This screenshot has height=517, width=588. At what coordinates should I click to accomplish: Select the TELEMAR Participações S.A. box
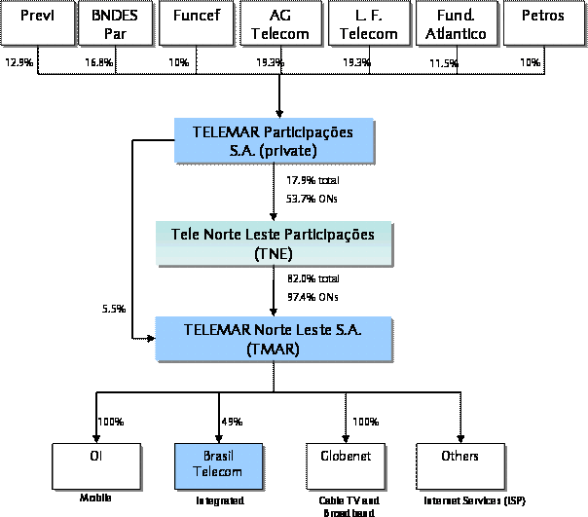coord(278,140)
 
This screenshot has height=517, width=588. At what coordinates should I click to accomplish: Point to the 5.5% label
coord(114,309)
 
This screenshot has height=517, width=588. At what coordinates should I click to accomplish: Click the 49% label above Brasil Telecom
coord(232,422)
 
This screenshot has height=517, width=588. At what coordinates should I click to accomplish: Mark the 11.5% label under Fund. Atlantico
coord(444,62)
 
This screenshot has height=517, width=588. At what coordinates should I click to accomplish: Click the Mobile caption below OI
coord(95,498)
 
